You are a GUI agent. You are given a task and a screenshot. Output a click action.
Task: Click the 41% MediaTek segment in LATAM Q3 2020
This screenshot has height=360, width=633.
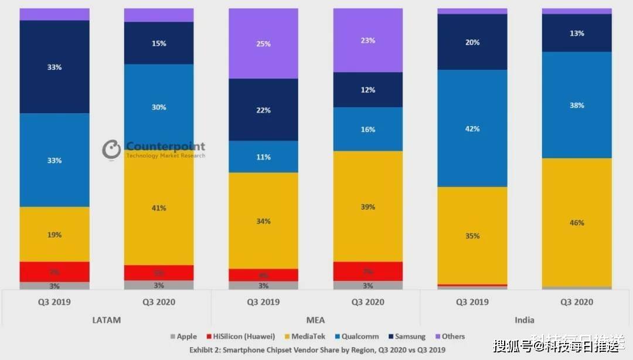click(159, 208)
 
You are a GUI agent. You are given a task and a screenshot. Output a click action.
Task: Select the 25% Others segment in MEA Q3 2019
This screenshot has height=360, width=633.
click(263, 44)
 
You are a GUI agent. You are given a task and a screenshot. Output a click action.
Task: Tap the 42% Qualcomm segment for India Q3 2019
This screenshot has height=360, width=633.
click(472, 128)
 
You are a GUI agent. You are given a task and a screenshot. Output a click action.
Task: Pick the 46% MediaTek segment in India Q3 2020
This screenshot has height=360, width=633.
click(577, 222)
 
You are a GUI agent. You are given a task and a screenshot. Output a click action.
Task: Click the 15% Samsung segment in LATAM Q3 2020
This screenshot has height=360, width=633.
click(159, 43)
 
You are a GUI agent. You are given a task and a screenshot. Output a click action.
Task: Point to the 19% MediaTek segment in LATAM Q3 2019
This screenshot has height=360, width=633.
click(55, 235)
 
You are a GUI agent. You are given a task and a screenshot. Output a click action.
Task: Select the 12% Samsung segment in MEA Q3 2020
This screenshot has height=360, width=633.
click(368, 90)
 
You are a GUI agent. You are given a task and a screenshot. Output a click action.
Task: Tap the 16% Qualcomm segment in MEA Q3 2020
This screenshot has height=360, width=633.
click(368, 129)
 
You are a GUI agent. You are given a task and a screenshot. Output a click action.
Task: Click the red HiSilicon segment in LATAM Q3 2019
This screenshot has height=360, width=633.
click(55, 272)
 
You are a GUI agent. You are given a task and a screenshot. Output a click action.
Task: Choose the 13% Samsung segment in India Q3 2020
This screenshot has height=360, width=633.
click(577, 33)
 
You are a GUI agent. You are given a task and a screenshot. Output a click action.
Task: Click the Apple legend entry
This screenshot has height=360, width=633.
click(183, 337)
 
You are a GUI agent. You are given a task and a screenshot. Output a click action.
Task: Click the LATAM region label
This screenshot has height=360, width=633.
click(107, 320)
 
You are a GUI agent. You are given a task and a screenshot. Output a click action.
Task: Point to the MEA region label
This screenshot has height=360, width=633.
click(315, 320)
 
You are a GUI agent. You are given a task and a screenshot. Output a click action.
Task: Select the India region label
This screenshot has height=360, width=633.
click(524, 320)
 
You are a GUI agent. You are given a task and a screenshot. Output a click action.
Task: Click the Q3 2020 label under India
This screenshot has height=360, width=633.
click(577, 302)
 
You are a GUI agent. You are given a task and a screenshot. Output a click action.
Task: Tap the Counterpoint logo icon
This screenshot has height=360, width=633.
click(111, 150)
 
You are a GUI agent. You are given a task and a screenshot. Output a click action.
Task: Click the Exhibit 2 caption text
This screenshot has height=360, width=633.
click(316, 349)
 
